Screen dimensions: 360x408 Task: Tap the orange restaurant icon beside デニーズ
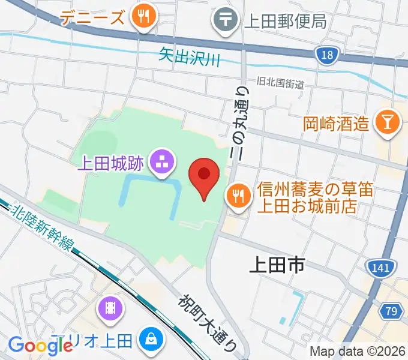point(144,17)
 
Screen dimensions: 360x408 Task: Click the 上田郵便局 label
point(285,21)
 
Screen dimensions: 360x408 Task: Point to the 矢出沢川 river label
point(190,57)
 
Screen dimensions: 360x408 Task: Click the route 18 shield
point(325,55)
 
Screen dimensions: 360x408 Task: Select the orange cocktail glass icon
point(386,123)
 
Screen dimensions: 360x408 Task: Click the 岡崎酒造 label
point(335,124)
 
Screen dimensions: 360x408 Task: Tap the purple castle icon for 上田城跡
point(161,161)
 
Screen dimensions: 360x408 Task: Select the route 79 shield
point(391,311)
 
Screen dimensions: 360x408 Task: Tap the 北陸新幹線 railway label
point(43,226)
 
